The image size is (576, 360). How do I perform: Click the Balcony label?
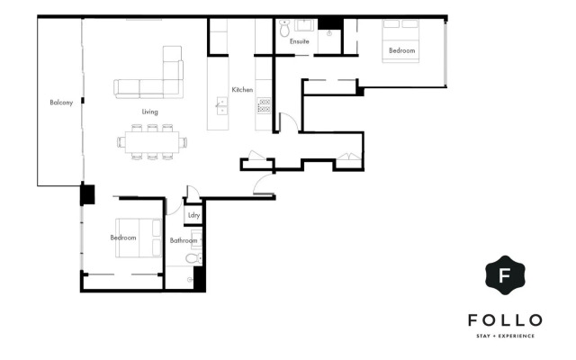pyautogui.click(x=61, y=103)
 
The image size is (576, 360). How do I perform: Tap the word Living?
pyautogui.click(x=150, y=112)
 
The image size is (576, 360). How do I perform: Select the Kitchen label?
pyautogui.click(x=242, y=90)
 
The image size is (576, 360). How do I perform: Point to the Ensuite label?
pyautogui.click(x=300, y=41)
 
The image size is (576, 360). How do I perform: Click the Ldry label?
pyautogui.click(x=193, y=216)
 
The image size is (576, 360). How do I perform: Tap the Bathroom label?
pyautogui.click(x=184, y=240)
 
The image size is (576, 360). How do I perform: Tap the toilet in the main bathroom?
pyautogui.click(x=192, y=259)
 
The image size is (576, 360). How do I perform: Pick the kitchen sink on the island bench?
pyautogui.click(x=220, y=105)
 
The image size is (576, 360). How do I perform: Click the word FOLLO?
pyautogui.click(x=504, y=320)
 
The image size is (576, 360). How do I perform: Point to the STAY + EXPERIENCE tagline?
pyautogui.click(x=504, y=336)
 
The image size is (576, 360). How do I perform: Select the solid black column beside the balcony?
pyautogui.click(x=88, y=193)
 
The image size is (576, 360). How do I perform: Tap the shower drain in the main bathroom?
pyautogui.click(x=190, y=280)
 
